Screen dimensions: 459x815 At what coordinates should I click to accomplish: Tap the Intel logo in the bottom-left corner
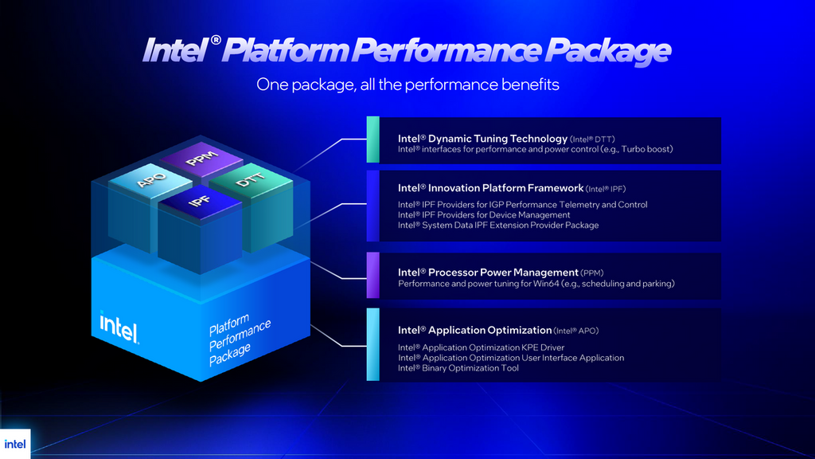[x=14, y=444]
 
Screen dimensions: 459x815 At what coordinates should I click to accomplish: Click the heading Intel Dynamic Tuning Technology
[x=482, y=139]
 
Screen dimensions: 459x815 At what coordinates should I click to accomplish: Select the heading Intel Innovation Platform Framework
[x=490, y=188]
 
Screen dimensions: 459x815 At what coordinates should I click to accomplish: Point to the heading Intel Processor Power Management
[x=488, y=273]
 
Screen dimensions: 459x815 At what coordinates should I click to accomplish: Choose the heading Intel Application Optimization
[x=475, y=330]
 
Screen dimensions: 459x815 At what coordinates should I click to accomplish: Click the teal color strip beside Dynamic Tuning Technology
[x=372, y=140]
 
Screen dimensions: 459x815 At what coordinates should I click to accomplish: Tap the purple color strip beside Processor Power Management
[x=372, y=276]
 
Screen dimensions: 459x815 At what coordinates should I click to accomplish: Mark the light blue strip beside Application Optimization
[x=372, y=344]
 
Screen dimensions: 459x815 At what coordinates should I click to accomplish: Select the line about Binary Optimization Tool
[x=458, y=368]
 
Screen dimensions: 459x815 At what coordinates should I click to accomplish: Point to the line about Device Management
[x=484, y=215]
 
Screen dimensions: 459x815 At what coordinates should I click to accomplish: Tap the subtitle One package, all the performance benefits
[x=407, y=84]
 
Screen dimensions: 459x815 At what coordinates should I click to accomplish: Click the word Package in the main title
[x=606, y=50]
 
